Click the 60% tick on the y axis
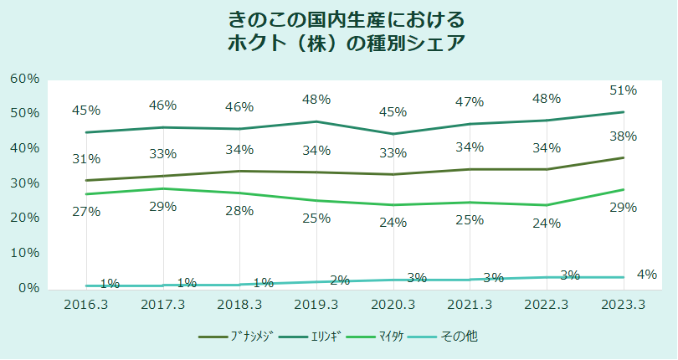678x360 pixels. point(24,78)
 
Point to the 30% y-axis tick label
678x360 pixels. point(24,183)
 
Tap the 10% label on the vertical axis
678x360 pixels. point(24,253)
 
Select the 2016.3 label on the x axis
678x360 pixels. point(86,305)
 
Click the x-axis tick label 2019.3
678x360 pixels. point(316,305)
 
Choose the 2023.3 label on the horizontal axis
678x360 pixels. point(624,305)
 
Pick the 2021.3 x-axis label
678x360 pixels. point(470,305)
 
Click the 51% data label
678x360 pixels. point(623,90)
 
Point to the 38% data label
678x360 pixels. point(623,136)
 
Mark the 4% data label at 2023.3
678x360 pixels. point(646,274)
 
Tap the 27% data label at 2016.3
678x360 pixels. point(86,211)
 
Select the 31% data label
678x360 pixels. point(86,158)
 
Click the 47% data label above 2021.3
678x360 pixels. point(470,102)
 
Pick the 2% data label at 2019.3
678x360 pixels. point(339,280)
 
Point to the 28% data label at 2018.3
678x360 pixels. point(239,210)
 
